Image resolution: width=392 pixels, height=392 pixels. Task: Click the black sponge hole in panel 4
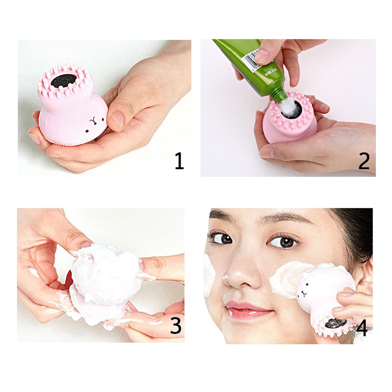coord(336,323)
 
